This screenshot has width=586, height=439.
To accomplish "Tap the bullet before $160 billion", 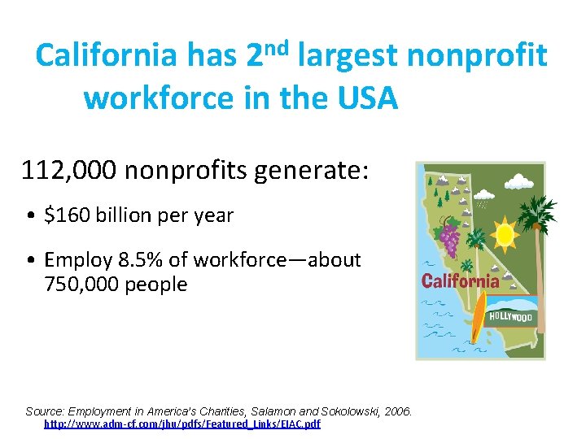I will [29, 216].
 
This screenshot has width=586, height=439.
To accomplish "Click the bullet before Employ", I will [29, 261].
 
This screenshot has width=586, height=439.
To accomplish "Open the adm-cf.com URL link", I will [182, 424].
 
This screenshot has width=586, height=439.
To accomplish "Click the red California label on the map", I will [461, 281].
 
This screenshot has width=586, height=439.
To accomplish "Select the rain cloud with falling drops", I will [483, 196].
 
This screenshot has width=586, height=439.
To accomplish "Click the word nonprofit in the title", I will [476, 56].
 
